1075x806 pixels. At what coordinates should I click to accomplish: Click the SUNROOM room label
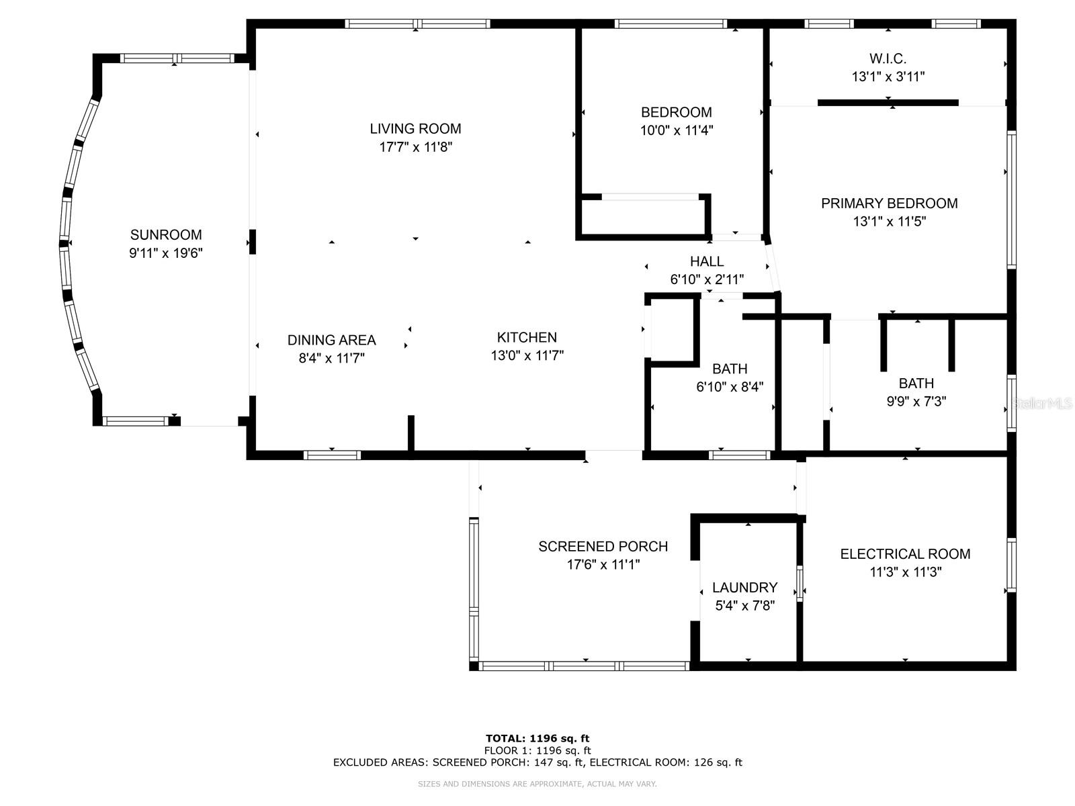tap(165, 235)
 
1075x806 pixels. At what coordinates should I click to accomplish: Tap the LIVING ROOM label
tap(415, 129)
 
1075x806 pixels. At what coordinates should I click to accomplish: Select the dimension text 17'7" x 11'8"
tap(415, 147)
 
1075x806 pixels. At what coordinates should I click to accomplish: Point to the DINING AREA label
tap(331, 340)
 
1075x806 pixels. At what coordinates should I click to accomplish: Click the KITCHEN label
tap(527, 337)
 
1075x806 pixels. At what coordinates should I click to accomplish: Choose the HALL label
tap(707, 261)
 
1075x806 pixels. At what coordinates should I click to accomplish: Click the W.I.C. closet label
tap(888, 58)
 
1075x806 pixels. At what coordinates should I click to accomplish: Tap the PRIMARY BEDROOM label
tap(890, 203)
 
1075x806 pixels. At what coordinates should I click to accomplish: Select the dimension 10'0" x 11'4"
tap(677, 131)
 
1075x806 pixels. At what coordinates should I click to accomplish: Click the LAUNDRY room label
tap(745, 587)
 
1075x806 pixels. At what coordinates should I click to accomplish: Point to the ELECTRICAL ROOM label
tap(906, 554)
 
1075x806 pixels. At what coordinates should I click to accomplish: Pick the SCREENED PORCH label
tap(603, 547)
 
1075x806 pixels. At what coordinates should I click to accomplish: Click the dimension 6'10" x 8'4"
tap(730, 387)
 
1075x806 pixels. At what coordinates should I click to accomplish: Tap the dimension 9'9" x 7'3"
tap(916, 401)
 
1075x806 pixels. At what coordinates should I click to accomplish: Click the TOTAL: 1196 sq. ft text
tap(537, 738)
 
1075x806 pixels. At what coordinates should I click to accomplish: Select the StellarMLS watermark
tap(1042, 403)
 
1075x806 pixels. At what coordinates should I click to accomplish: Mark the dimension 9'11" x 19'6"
tap(165, 253)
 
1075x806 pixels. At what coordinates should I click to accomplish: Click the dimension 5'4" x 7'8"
tap(745, 606)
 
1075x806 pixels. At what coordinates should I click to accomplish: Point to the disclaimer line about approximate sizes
tap(537, 784)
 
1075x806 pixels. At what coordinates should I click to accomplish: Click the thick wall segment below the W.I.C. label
tap(888, 103)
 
